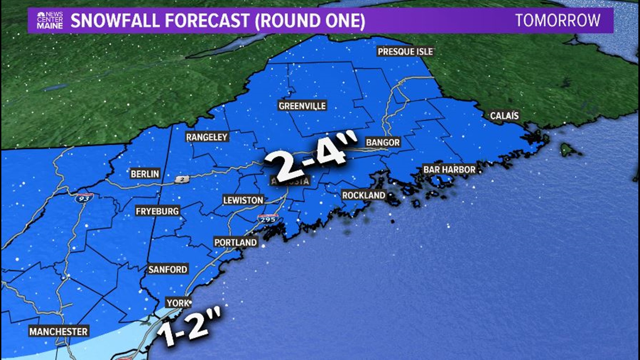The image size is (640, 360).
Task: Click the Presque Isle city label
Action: (x=405, y=52)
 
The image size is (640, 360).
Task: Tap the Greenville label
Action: (x=302, y=106)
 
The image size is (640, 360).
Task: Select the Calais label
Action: (x=504, y=116)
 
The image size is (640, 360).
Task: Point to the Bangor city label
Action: (x=383, y=142)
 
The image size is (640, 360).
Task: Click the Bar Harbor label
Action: (x=449, y=169)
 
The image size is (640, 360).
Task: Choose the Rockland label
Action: (x=364, y=195)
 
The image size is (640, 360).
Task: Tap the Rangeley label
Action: (x=207, y=137)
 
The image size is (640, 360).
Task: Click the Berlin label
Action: (x=145, y=174)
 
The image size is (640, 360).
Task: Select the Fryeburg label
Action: (x=157, y=211)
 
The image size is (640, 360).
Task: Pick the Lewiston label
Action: (x=243, y=200)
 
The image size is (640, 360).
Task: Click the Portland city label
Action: (x=235, y=242)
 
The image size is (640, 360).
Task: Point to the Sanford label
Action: (x=168, y=269)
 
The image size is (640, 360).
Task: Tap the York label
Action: (x=178, y=303)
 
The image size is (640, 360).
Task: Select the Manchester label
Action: (x=58, y=332)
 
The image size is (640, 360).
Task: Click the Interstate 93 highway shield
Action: (x=84, y=198)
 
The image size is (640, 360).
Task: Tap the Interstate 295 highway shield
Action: (x=268, y=219)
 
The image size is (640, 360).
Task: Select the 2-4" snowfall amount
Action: (x=310, y=160)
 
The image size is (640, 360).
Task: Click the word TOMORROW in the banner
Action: (x=558, y=21)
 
